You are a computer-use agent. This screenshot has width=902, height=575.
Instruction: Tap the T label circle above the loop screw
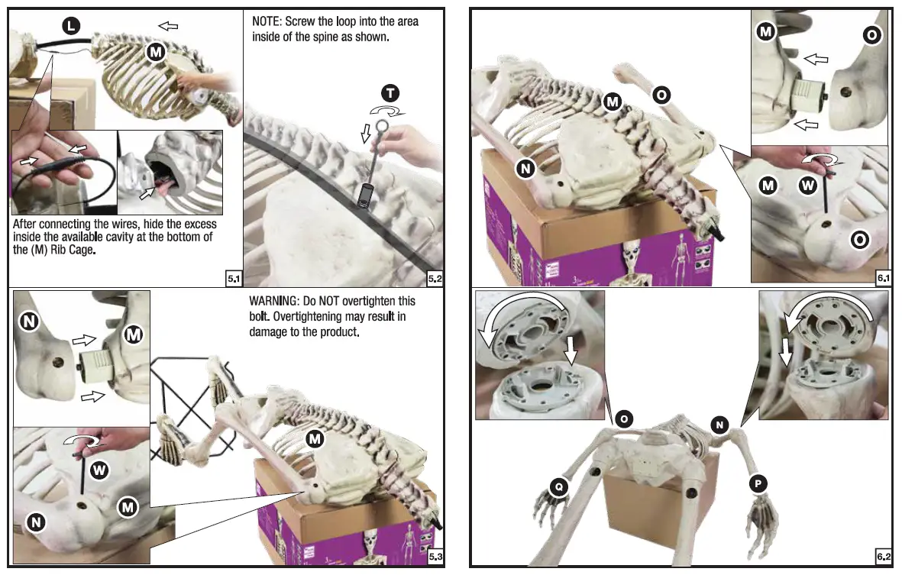point(390,93)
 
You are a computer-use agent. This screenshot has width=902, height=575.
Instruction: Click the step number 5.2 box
point(435,279)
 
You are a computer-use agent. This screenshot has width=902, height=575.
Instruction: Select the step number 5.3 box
point(435,557)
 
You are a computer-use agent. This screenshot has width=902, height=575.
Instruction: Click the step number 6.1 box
point(884,278)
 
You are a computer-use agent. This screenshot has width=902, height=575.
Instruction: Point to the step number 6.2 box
point(884,557)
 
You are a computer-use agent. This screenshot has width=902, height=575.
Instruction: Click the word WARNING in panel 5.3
point(273,301)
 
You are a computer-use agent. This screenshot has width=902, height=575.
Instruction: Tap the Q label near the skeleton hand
point(559,486)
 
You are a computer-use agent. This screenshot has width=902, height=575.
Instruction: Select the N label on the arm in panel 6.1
point(525,169)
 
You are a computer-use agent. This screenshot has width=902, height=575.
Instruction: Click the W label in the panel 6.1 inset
point(808,186)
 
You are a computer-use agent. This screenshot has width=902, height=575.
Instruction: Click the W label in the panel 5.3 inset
point(99,470)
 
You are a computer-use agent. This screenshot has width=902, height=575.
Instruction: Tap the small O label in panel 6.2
point(624,418)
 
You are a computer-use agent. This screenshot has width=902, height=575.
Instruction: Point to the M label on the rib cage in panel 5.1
point(156,52)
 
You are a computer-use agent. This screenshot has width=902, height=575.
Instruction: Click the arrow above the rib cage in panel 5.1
point(168,26)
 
